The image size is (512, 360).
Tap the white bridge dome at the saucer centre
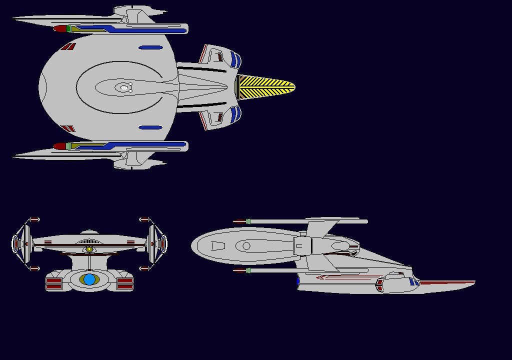click(x=124, y=88)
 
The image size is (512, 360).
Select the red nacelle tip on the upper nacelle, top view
click(x=59, y=29)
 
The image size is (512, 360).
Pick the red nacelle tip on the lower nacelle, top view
click(x=59, y=146)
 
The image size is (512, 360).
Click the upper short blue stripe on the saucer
click(x=150, y=48)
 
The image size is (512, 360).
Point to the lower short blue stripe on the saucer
click(x=150, y=127)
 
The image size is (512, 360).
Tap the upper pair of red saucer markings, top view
click(x=68, y=47)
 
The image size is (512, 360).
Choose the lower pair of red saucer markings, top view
click(x=68, y=129)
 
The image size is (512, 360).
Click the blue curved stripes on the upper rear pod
click(x=236, y=60)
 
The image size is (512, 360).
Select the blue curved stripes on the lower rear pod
click(x=236, y=113)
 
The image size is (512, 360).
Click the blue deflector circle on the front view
click(x=89, y=279)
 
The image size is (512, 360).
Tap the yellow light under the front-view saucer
click(x=89, y=248)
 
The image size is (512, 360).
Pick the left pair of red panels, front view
click(x=53, y=284)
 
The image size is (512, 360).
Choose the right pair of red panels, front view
click(x=125, y=284)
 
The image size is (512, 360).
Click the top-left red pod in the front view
click(x=34, y=219)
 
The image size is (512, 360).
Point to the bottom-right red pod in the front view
click(x=144, y=268)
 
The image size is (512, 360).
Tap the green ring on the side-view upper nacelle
click(x=248, y=221)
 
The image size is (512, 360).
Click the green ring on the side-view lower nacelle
click(x=248, y=270)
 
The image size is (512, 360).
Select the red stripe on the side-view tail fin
click(x=447, y=283)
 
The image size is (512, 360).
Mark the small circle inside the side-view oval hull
click(x=246, y=245)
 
